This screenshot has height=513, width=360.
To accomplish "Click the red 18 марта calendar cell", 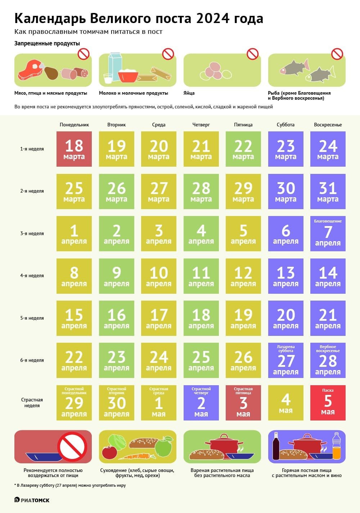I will click(74, 149).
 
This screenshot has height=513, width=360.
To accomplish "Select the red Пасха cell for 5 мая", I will click(328, 403).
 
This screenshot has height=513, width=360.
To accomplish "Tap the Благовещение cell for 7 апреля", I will click(328, 234).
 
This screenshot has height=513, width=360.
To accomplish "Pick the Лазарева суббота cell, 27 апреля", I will click(285, 360).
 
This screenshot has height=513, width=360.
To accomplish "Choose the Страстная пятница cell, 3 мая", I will click(243, 403).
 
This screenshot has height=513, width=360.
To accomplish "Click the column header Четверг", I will click(201, 125).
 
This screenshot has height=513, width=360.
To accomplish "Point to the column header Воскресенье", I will click(328, 125).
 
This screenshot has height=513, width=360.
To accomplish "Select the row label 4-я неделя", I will click(32, 276).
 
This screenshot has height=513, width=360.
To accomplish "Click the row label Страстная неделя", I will click(32, 402).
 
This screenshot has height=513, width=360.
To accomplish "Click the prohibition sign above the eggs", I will click(252, 54).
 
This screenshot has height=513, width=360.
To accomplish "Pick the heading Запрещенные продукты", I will click(47, 44).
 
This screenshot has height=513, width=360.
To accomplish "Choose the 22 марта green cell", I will click(243, 149).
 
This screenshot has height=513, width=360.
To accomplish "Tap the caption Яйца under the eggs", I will click(189, 93).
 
